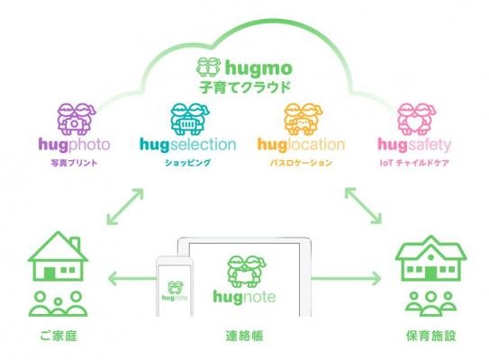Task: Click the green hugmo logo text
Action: (258, 68)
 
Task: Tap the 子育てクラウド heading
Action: (245, 87)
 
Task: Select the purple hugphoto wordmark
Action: (74, 145)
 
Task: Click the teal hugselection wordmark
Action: (187, 145)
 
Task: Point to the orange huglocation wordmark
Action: (301, 145)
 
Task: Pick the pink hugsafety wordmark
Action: (414, 145)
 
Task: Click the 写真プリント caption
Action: (74, 163)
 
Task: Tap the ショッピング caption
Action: (187, 163)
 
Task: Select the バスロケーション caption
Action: (301, 163)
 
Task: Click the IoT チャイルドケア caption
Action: (414, 163)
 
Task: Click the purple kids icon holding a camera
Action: (77, 119)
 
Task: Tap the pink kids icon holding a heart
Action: (417, 119)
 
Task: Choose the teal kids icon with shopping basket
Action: (190, 119)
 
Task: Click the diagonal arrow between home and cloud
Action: (125, 206)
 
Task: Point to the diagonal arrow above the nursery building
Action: (363, 206)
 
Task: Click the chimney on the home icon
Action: (75, 244)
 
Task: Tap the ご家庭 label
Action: (59, 336)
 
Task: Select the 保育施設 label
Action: (430, 336)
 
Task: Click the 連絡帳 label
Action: (244, 336)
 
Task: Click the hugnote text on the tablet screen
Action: (244, 297)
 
